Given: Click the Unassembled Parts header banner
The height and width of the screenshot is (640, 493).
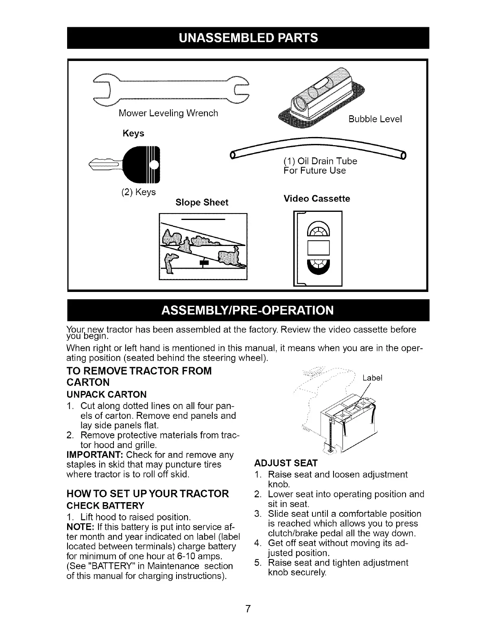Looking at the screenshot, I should (x=248, y=38).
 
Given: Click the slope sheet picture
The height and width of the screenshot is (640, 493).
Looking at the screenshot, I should (x=203, y=246).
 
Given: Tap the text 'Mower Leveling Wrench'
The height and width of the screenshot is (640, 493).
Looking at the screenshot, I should (x=168, y=113).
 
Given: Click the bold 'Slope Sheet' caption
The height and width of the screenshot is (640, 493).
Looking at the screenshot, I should (x=202, y=202).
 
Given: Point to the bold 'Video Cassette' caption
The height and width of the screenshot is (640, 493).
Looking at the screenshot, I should (x=316, y=198).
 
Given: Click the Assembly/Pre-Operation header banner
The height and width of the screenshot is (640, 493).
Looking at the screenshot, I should (x=248, y=310).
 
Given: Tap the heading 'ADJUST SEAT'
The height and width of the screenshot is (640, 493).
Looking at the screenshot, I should (x=285, y=463).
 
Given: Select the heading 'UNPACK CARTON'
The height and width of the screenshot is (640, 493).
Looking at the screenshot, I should (x=106, y=394).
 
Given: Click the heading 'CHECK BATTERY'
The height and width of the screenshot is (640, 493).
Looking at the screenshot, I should (x=105, y=505).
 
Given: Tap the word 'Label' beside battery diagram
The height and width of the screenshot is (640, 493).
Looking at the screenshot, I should (x=372, y=378).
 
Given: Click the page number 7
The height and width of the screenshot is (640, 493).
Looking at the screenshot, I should (x=247, y=609).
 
